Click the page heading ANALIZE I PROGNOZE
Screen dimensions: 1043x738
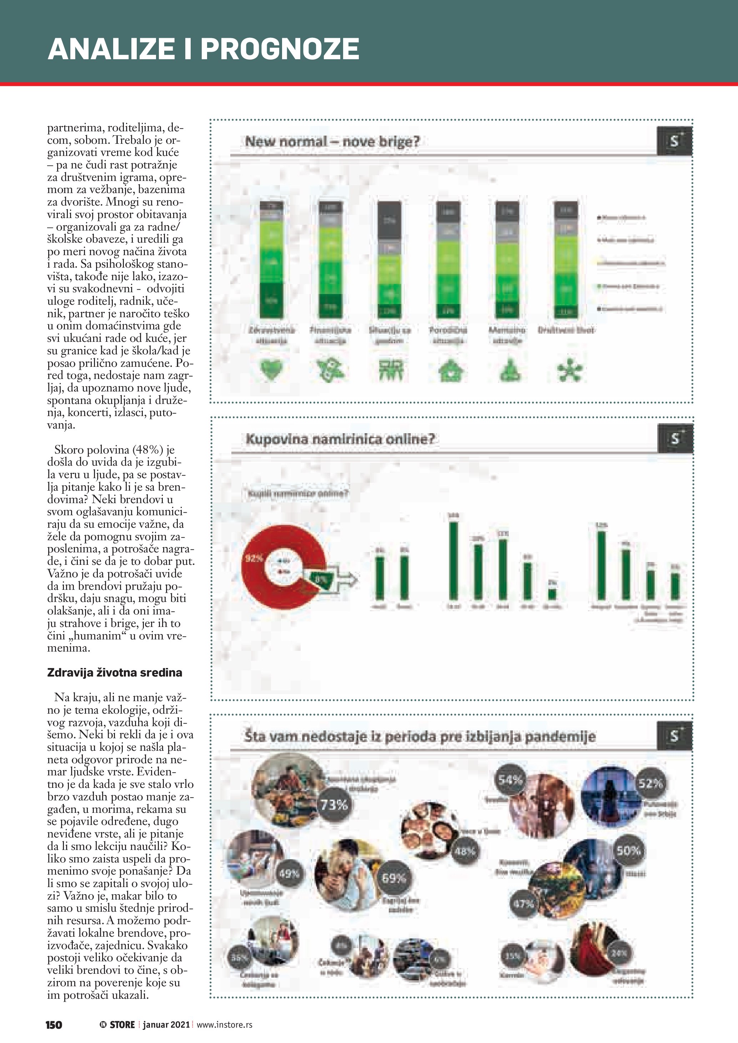203,49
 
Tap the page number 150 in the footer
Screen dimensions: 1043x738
54,1025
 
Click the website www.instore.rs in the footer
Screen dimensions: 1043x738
225,1025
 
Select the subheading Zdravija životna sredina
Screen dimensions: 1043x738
115,673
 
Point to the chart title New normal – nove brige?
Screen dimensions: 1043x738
332,141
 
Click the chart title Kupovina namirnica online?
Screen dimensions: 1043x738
340,439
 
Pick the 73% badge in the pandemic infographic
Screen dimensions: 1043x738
334,805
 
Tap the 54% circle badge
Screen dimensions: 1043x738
510,780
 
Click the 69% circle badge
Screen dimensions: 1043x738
393,878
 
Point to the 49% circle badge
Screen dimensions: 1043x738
289,873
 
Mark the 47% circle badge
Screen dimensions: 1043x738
523,904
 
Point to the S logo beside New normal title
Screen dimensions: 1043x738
674,141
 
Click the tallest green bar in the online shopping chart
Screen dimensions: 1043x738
453,561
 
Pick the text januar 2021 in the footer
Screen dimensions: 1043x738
166,1025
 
